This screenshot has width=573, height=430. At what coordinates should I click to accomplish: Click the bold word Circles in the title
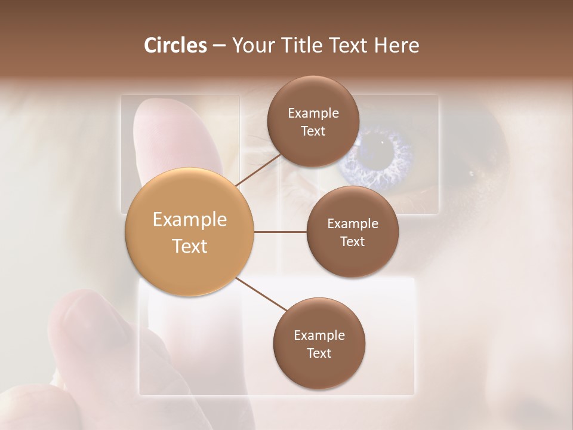tap(175, 45)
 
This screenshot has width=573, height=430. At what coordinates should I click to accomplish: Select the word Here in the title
tap(398, 45)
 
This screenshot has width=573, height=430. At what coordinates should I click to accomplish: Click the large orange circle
tap(190, 232)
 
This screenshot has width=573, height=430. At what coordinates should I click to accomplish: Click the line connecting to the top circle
tap(260, 170)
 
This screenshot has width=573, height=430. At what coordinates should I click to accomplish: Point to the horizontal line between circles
tap(280, 232)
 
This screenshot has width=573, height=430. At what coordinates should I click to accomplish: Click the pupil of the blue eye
tap(382, 156)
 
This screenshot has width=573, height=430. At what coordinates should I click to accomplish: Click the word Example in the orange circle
tap(190, 220)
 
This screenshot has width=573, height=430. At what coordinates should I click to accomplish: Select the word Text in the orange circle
tap(190, 246)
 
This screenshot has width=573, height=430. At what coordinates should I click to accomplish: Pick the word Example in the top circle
tap(313, 113)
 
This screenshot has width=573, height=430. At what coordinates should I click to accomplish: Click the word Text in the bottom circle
tap(319, 353)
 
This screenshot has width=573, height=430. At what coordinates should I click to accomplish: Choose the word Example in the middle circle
tap(352, 224)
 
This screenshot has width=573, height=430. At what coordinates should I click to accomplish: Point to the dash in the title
tap(218, 46)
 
